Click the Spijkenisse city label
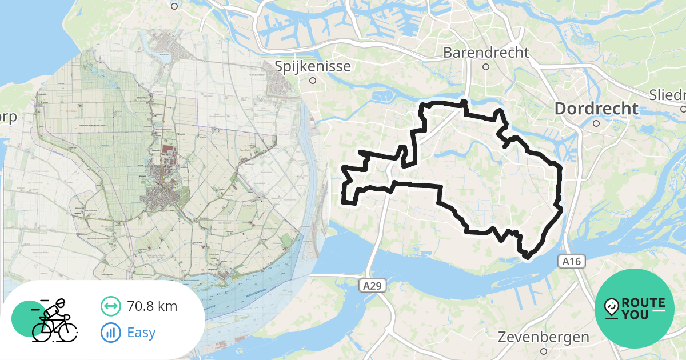pos(313,66)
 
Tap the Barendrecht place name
pos(486,53)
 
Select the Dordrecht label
pos(596,109)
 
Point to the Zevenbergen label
pos(543,337)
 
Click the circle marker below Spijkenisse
pos(313,81)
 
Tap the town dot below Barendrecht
pos(486,67)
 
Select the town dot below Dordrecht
pos(596,123)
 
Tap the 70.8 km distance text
pos(152,306)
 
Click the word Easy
pos(141,332)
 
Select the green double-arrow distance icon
pos(110,306)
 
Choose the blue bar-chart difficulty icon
pos(110,332)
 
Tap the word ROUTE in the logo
pos(643,303)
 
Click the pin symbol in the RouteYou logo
pos(611,308)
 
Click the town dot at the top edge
pos(174,6)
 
